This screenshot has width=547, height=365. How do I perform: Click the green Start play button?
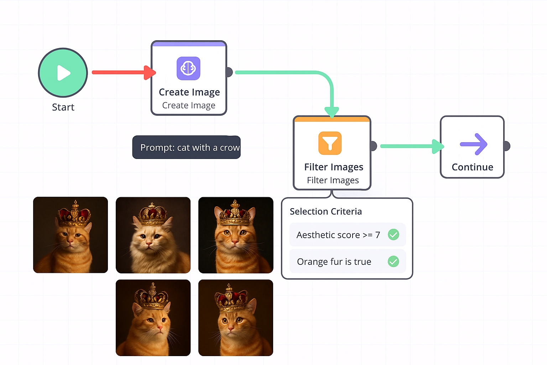[63, 73]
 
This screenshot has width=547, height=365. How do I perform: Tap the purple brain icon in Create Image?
[188, 68]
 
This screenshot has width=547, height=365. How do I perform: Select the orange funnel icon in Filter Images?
[330, 143]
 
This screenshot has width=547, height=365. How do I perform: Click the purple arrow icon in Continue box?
[473, 144]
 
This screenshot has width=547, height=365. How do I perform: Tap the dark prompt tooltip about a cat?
[186, 147]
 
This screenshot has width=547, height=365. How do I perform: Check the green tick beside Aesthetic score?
[393, 235]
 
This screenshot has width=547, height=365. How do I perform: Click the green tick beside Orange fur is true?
[393, 261]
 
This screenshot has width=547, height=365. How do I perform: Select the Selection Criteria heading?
[325, 211]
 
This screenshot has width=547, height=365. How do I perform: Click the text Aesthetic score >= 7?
[338, 235]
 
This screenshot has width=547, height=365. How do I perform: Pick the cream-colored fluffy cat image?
[153, 235]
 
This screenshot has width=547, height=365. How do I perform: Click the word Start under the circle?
[63, 107]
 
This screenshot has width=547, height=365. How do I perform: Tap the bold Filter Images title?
[333, 167]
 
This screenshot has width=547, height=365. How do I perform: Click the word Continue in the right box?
[472, 167]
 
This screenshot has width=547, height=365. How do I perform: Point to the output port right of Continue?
[506, 146]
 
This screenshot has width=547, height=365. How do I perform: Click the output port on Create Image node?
[229, 72]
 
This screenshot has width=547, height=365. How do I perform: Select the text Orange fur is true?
[334, 262]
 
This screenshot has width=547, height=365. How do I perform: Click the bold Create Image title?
[189, 92]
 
